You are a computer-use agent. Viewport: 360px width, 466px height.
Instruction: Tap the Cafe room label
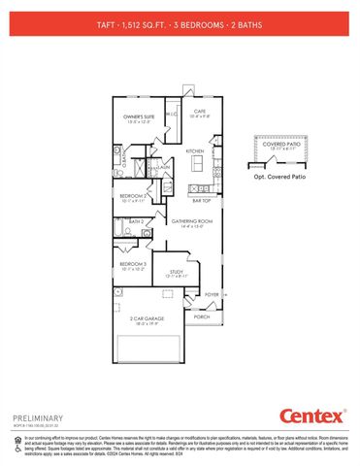tap(201, 112)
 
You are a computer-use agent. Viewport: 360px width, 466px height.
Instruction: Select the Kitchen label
tap(195, 151)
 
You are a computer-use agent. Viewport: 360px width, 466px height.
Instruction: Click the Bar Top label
tap(201, 201)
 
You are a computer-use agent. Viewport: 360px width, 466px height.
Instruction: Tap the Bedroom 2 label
tap(133, 196)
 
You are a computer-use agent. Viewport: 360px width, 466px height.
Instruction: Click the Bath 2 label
tap(137, 223)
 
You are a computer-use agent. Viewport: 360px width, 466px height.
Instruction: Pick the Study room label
tap(176, 273)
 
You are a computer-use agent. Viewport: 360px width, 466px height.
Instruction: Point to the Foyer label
tap(212, 294)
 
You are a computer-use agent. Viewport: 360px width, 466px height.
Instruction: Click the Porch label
tap(202, 316)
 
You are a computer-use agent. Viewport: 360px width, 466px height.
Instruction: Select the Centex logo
tap(311, 416)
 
